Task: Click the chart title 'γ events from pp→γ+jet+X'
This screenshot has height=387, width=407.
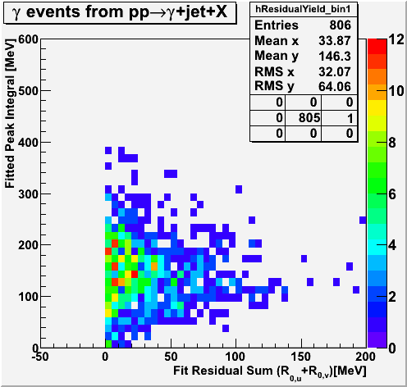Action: point(120,12)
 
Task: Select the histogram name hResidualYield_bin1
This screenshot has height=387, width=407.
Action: point(303,9)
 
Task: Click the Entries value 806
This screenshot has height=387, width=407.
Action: point(340,25)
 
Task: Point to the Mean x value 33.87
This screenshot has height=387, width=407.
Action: point(335,41)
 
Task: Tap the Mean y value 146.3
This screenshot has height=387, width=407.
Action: point(335,57)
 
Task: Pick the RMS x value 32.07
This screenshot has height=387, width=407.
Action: point(335,72)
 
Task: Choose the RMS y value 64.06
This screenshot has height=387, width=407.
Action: point(335,87)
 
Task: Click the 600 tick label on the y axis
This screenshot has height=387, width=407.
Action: point(28,39)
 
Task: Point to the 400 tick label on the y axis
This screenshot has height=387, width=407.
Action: point(28,142)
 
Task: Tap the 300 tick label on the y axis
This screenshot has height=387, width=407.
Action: point(28,194)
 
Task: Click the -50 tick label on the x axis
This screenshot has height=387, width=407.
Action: point(40,357)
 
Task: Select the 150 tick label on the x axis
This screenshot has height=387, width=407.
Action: point(300,357)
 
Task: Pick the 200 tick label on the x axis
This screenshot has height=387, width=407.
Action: point(366,357)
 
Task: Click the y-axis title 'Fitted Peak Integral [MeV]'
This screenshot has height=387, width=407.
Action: point(10,113)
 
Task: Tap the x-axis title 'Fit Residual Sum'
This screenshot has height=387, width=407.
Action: point(223,371)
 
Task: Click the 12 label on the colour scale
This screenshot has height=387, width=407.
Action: point(396,40)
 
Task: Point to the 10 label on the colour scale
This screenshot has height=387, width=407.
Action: point(396,91)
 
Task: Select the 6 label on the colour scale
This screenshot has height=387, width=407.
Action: point(392,194)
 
